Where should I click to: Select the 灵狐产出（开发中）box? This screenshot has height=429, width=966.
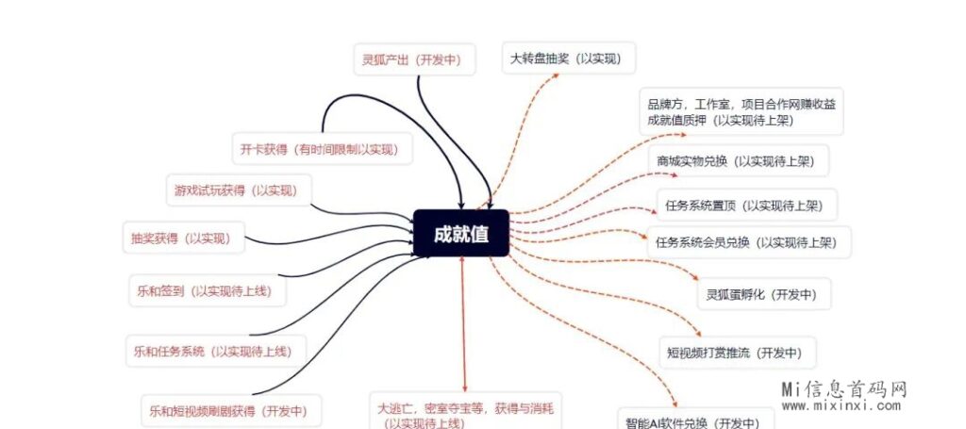point(412,59)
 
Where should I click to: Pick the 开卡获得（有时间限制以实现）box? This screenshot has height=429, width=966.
point(320,149)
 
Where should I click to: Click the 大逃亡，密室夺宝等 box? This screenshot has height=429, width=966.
point(465,413)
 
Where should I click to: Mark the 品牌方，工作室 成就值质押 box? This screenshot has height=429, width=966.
point(741,111)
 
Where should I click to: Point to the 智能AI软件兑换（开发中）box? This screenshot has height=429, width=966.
point(692,420)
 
